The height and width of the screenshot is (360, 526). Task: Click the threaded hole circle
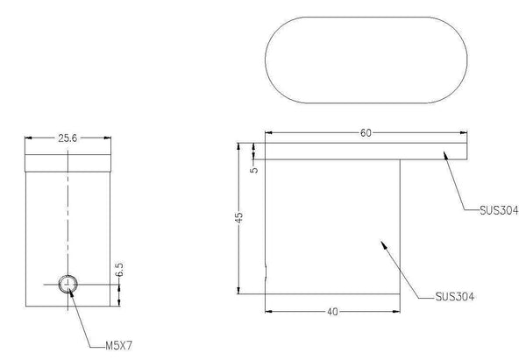pos(68,283)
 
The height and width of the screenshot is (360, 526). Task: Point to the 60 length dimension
pos(366,132)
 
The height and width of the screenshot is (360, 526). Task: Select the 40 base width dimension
pos(333,311)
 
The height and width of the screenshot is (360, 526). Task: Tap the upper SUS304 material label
pos(500,210)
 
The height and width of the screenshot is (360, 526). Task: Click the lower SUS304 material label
pos(455,296)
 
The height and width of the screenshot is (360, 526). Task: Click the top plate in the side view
pos(366,152)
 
